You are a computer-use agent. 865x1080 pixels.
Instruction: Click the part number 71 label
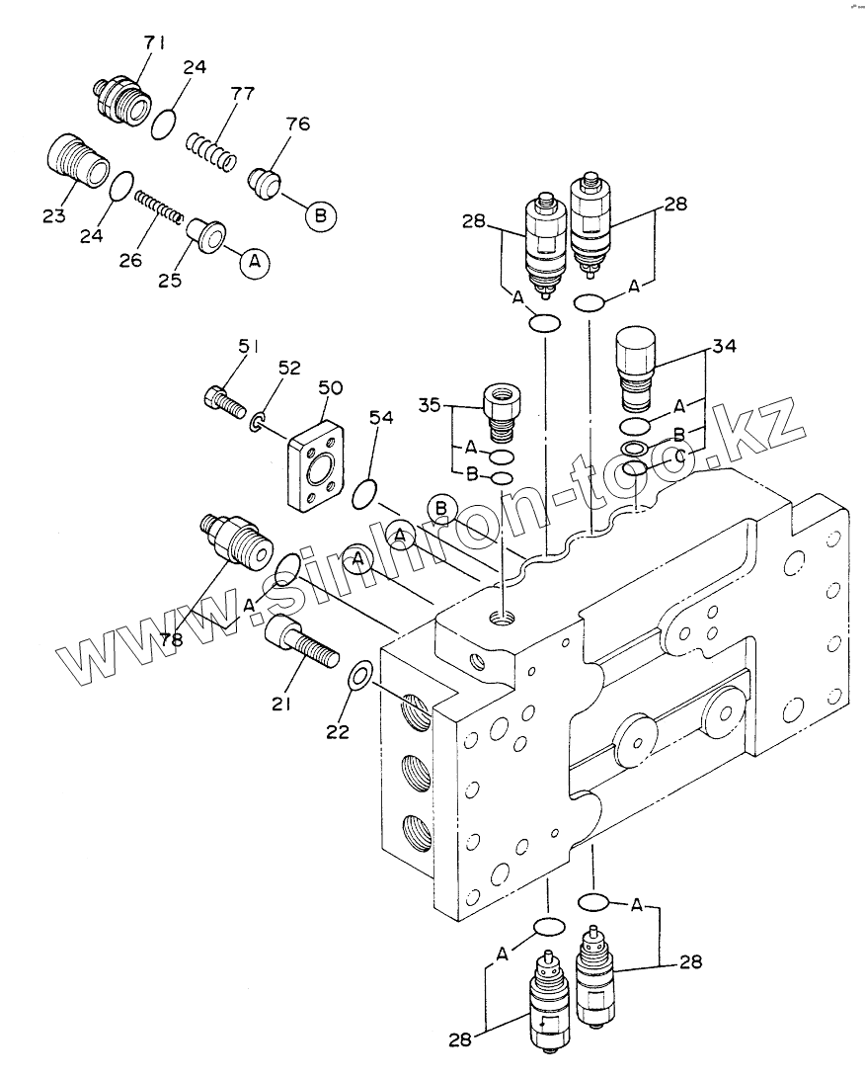pos(154,42)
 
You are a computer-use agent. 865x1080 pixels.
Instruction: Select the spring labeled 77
pos(212,151)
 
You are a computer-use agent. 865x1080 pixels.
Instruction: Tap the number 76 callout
pos(297,124)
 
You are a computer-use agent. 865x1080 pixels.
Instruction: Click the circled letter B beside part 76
pos(321,215)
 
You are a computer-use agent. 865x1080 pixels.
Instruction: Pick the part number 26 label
pos(130,260)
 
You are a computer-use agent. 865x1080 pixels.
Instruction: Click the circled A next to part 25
pos(255,262)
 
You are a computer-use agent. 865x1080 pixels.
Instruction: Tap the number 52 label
pos(289,368)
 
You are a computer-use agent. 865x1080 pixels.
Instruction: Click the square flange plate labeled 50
pos(316,465)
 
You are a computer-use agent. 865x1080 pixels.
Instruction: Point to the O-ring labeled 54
pos(364,493)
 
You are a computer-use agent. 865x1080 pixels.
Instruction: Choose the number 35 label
pos(430,405)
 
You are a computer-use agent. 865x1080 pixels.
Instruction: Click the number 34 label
pos(723,345)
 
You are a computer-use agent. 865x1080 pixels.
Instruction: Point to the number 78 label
pos(172,640)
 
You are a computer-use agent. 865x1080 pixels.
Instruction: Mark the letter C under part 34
pos(680,456)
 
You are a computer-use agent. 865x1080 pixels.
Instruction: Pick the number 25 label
pos(169,280)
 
